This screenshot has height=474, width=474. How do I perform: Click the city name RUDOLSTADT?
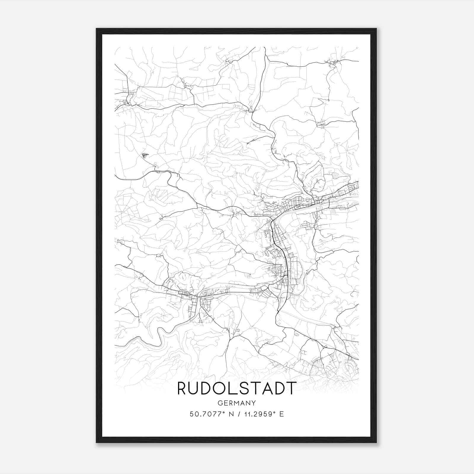(x=237, y=388)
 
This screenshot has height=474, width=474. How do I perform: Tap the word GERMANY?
(x=237, y=403)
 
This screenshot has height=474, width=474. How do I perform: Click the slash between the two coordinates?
(x=238, y=414)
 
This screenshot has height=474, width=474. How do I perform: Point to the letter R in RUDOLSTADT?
(x=182, y=388)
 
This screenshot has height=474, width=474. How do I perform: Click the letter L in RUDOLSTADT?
(x=231, y=388)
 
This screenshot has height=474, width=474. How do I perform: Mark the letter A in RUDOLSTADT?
(x=266, y=388)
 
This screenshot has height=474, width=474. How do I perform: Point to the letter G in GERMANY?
(x=220, y=403)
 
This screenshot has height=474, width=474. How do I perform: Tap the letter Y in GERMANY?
(x=254, y=403)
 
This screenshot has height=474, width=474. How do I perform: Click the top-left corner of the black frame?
(x=97, y=29)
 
